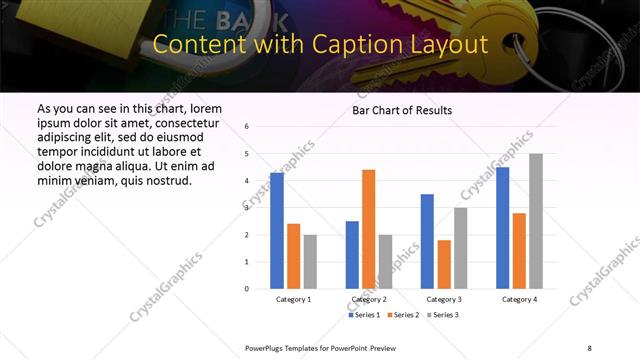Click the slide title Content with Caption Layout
[x=320, y=44]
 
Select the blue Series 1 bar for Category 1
[x=277, y=230]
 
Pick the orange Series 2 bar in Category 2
[x=368, y=229]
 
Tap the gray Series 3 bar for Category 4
[x=536, y=221]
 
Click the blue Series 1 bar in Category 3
[x=427, y=241]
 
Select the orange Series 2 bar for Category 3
[x=444, y=264]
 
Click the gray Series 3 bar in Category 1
[x=310, y=261]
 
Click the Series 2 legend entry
[x=403, y=315]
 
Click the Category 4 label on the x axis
[x=519, y=299]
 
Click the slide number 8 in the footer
[x=589, y=347]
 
